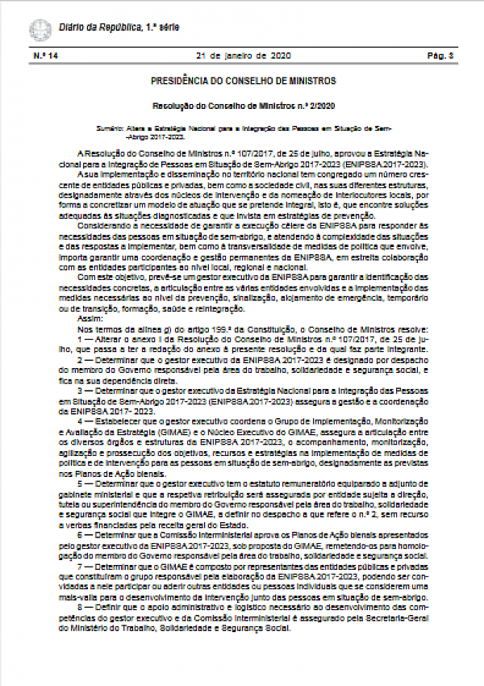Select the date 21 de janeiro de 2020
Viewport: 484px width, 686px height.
coord(242,56)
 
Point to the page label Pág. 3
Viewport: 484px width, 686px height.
coord(440,56)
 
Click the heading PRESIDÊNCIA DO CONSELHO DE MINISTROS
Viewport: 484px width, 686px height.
coord(243,82)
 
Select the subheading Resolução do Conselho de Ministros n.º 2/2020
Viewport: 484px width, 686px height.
coord(243,106)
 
